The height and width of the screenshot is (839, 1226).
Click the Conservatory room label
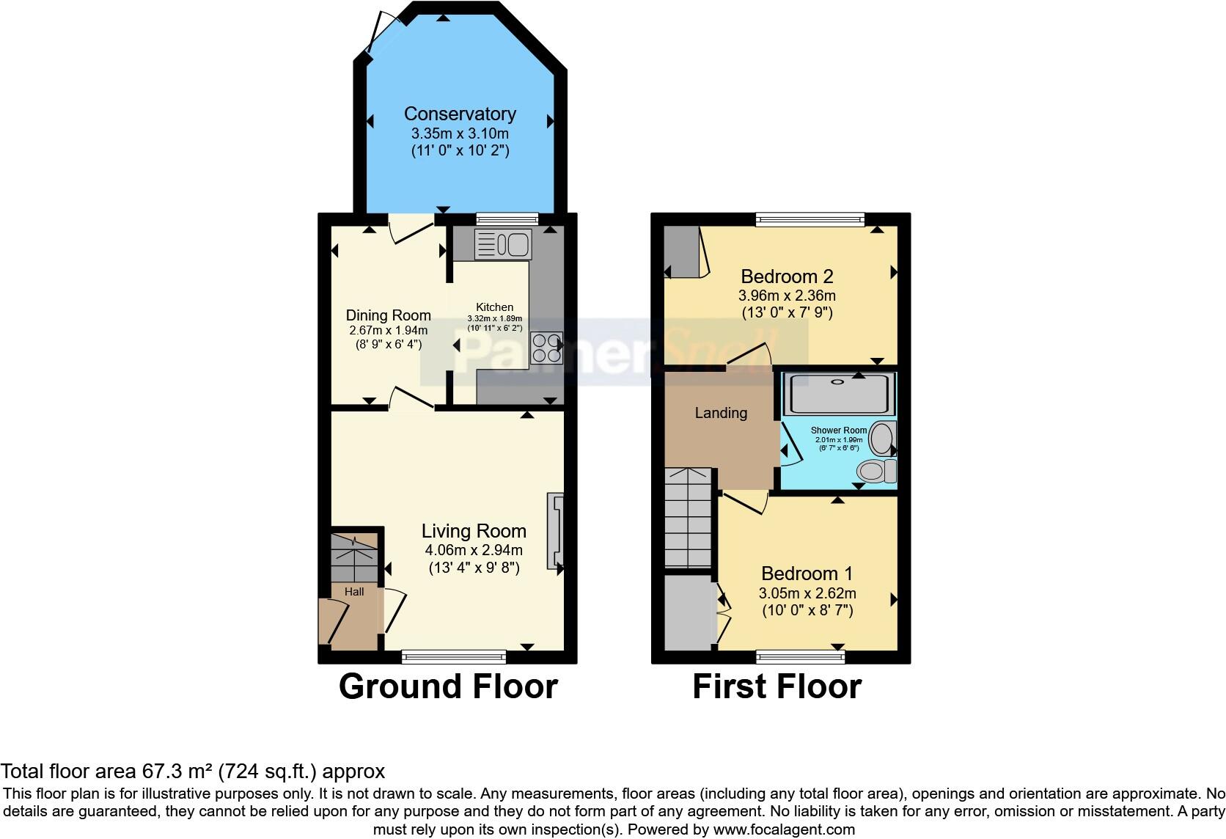point(460,114)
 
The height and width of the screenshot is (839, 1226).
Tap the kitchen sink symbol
point(502,245)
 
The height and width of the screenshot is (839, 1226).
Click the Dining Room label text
point(388,315)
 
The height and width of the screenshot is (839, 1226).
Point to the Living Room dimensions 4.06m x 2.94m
point(473,550)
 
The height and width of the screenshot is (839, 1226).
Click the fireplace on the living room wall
point(555,531)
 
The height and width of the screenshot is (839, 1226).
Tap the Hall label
point(354,591)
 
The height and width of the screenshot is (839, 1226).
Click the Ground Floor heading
point(448,686)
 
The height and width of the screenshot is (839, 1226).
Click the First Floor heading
point(777,686)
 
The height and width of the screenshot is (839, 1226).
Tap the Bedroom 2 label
point(787,276)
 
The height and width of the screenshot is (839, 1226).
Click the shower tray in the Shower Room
point(839,394)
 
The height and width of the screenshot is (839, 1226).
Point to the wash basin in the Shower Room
point(881,439)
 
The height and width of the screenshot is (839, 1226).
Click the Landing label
point(721,413)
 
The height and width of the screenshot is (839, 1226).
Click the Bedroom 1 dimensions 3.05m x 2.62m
point(807,593)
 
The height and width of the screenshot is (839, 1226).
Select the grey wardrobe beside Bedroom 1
point(689,612)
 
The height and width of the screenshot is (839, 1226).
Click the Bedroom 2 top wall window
point(810,219)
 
